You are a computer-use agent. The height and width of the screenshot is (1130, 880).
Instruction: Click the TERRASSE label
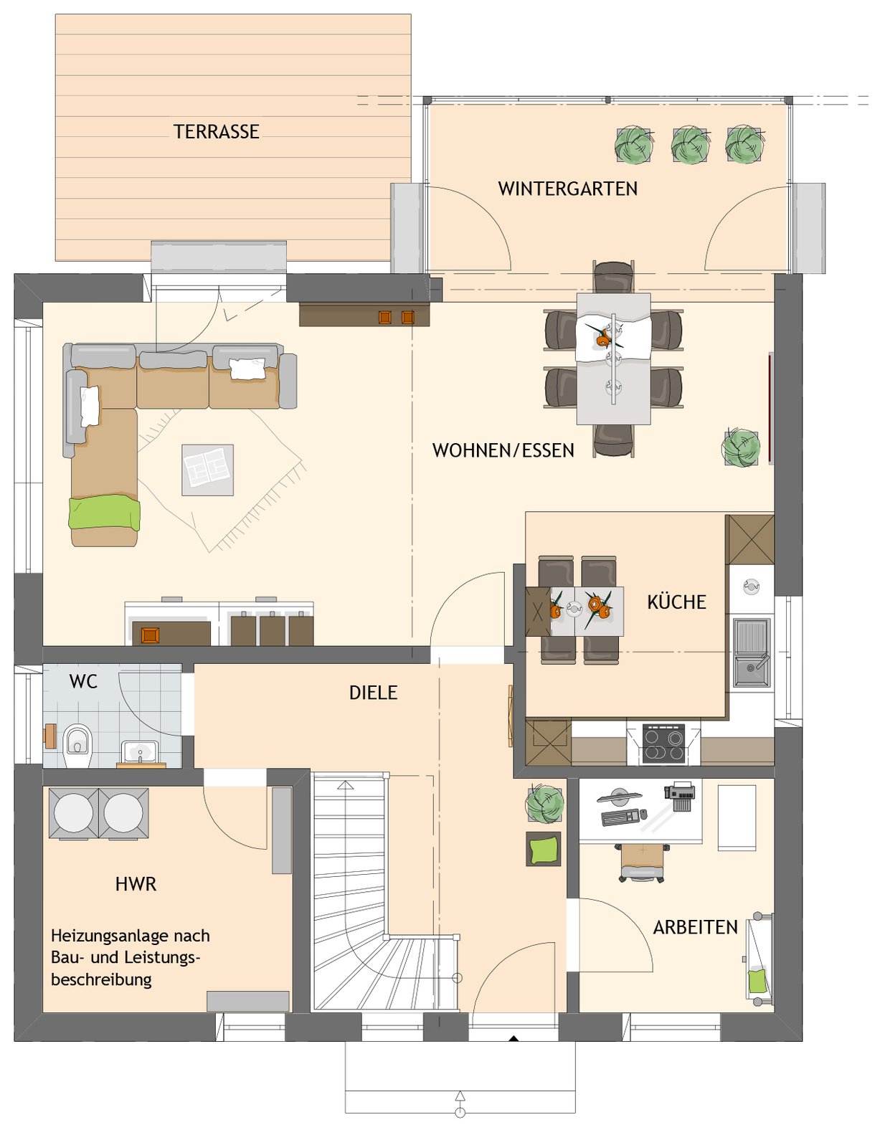coord(217,131)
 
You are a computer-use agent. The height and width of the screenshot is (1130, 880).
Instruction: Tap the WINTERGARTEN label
coord(567,189)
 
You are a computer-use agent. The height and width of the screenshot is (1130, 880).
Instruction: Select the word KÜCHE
coord(676,602)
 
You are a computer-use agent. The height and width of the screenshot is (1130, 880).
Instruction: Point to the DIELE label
coord(374,693)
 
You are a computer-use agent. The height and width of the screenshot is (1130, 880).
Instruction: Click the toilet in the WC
coord(78,746)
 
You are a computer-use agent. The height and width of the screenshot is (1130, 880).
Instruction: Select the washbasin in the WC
coord(140,752)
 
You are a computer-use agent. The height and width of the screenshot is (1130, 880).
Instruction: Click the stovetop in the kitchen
coord(663,744)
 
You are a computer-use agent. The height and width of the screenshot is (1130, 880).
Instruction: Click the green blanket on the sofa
coord(104,513)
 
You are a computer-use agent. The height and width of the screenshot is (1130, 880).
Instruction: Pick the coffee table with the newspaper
coord(207,470)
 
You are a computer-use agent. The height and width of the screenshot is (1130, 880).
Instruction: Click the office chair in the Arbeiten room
coord(643,862)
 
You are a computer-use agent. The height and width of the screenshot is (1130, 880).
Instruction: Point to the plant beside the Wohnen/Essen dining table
coord(741,447)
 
